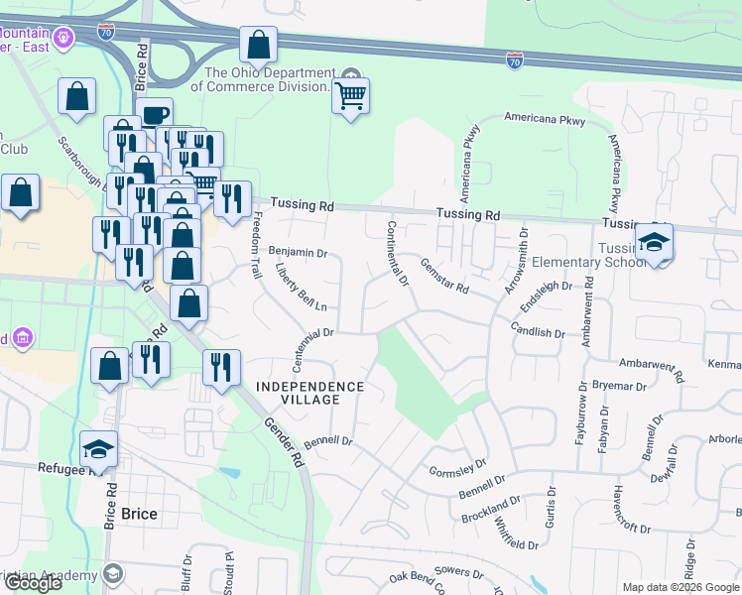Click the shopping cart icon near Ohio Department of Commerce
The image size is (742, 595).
click(350, 97)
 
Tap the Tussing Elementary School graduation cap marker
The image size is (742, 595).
click(654, 243)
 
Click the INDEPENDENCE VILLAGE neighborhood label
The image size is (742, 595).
click(310, 393)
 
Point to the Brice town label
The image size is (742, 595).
click(138, 514)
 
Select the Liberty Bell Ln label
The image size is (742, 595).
click(302, 288)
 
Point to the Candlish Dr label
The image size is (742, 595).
click(538, 329)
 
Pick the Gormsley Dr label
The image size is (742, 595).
click(457, 466)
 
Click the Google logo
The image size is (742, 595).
click(33, 583)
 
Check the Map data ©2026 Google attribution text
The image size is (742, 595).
click(680, 587)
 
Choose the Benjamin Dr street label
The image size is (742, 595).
click(298, 252)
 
